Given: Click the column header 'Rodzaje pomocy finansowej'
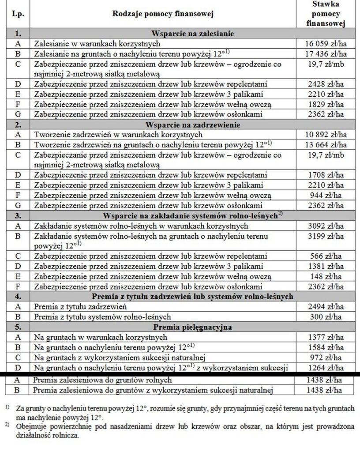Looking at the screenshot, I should (162, 14).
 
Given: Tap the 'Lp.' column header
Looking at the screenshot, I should (18, 14).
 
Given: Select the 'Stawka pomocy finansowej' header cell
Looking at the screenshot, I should (327, 14).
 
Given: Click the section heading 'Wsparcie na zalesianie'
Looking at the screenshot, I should (192, 34).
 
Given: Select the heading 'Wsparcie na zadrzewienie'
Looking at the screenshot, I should (192, 125).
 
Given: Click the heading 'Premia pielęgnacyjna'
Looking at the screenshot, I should (192, 328).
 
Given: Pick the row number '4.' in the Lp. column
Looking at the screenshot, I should (18, 297).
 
